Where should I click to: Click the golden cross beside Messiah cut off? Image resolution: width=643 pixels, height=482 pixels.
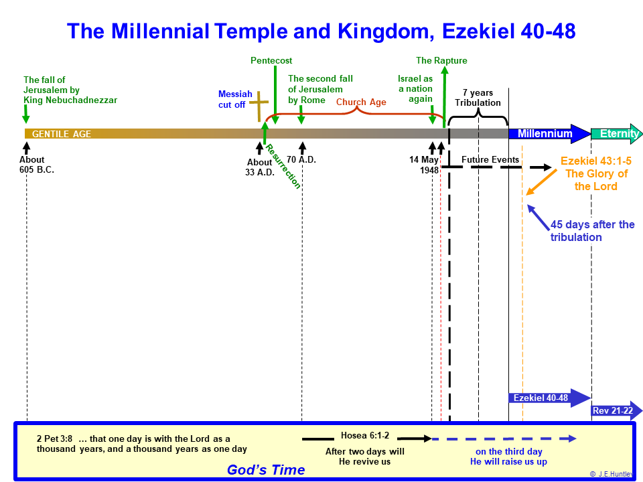pos(259,106)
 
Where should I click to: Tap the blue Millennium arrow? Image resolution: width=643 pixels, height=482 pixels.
pos(549,134)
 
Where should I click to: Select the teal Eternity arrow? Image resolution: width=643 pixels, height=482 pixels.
pos(616,134)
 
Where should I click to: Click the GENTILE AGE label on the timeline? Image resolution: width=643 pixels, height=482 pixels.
pos(62,134)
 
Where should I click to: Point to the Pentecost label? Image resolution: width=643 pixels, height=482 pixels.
pos(271,61)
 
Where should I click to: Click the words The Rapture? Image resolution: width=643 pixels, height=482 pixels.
pos(441,61)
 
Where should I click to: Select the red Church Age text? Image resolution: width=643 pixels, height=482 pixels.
pos(361,102)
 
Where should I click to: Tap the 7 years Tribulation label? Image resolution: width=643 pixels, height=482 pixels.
pos(478,98)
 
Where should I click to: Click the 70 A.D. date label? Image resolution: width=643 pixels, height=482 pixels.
pos(301,159)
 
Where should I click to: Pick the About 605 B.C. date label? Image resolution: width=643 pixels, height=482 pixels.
pos(36,165)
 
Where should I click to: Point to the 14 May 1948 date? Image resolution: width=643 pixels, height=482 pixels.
pos(424,165)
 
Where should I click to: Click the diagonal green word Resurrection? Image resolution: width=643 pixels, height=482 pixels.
pos(283,167)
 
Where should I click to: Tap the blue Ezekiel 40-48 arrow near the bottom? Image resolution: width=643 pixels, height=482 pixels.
pos(549,398)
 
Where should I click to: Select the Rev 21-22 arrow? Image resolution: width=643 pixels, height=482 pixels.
pos(616,410)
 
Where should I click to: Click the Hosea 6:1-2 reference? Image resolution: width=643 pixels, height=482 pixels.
pos(365,435)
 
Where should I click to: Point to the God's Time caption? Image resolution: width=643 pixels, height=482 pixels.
pos(266,470)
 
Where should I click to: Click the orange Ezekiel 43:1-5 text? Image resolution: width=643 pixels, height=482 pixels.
pos(596,161)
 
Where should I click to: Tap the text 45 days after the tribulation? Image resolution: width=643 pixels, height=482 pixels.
pos(592,231)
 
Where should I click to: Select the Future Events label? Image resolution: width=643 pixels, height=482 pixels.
pos(490,159)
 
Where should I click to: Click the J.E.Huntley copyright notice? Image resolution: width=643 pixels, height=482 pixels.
pos(612,474)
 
